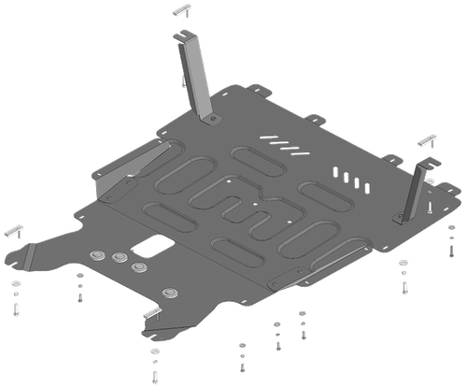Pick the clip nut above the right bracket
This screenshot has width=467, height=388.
(x=427, y=138)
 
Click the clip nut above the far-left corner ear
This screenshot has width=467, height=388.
(x=15, y=228)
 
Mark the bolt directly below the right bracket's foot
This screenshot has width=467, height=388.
(x=403, y=272)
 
